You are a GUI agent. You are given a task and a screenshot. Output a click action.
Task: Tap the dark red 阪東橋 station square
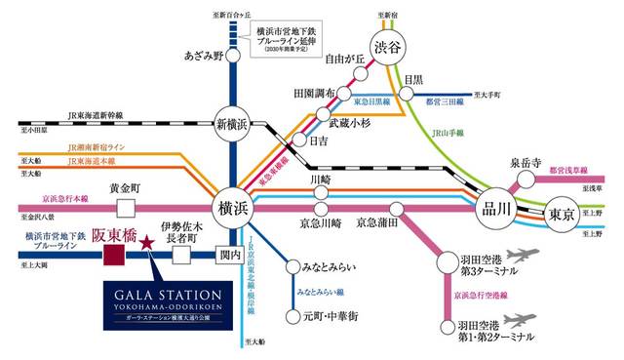[113, 256]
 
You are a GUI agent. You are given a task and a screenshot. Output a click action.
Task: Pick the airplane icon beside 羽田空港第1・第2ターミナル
[524, 320]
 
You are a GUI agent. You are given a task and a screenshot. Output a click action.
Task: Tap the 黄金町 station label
[124, 188]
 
